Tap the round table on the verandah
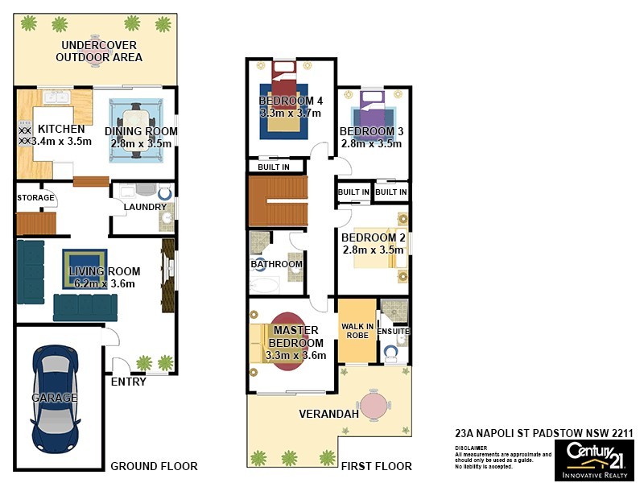[x=374, y=405]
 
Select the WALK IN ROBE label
[x=357, y=330]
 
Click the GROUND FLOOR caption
[x=154, y=466]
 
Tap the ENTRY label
[x=128, y=382]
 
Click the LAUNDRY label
[x=144, y=207]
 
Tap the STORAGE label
[x=36, y=197]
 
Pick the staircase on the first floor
[x=277, y=201]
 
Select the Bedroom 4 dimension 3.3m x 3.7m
[x=291, y=114]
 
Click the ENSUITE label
[x=394, y=331]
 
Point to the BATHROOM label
[x=276, y=264]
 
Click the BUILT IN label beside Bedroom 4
[x=274, y=167]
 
